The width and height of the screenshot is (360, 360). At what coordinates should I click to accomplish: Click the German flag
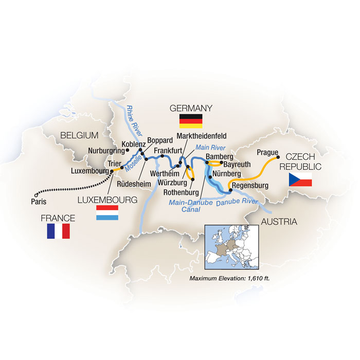[190, 121]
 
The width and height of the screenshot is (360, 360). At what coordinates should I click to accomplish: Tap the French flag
[58, 231]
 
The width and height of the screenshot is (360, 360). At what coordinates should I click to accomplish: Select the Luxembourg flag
[107, 213]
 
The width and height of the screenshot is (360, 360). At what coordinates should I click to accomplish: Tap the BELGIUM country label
[79, 135]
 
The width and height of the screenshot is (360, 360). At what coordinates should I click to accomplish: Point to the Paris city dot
[35, 194]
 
